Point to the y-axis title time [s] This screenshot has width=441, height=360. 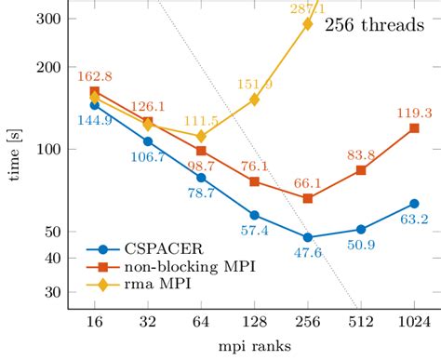click(13, 154)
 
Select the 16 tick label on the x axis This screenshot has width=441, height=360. click(94, 321)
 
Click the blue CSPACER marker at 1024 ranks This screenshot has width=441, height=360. click(413, 203)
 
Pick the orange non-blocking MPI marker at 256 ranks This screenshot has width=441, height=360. click(307, 198)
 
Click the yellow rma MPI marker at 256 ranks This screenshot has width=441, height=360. click(307, 24)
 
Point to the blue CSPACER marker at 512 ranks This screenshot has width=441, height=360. click(360, 229)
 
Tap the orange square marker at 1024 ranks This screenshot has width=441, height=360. click(413, 128)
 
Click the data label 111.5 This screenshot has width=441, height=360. click(201, 122)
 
